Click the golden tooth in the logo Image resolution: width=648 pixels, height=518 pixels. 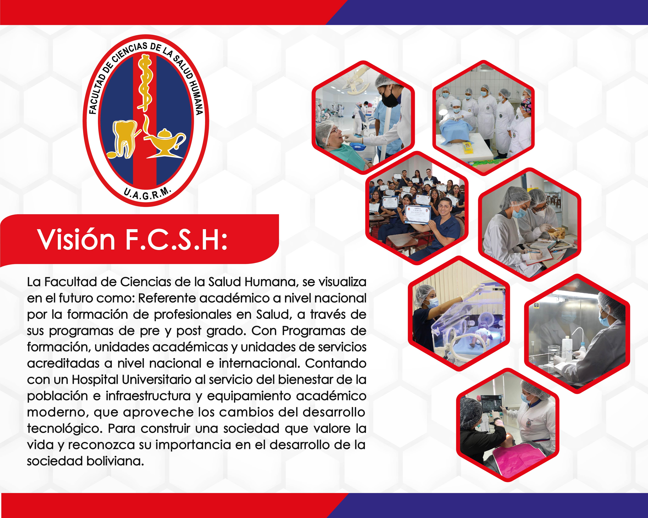point(124,138)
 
